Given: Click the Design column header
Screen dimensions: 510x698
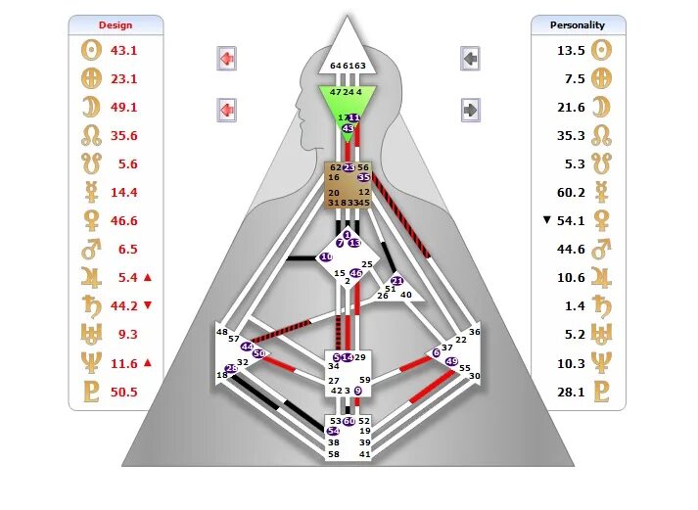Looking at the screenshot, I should click(116, 24).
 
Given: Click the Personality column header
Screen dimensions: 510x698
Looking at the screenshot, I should click(578, 24).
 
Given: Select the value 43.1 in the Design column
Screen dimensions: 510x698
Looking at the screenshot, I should click(123, 50).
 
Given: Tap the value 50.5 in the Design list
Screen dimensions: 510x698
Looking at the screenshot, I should click(123, 393).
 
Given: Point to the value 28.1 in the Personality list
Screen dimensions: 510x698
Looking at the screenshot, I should click(572, 393).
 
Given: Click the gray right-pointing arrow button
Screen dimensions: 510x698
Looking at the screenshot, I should click(471, 109).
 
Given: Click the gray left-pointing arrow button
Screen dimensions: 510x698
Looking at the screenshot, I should click(471, 59).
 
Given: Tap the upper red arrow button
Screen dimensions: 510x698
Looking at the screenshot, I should click(226, 59).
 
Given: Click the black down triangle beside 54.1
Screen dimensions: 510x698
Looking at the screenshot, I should click(547, 220).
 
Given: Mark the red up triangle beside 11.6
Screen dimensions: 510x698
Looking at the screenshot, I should click(148, 363).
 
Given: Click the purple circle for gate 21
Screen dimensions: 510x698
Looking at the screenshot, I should click(396, 282).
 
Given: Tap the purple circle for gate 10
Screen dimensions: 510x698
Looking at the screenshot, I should click(326, 257).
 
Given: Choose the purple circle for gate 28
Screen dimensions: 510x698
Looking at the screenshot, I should click(231, 368).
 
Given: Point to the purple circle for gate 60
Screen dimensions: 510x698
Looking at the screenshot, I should click(349, 421).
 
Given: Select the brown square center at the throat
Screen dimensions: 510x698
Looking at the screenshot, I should click(348, 185).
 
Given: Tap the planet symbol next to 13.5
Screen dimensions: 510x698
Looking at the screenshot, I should click(603, 50).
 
